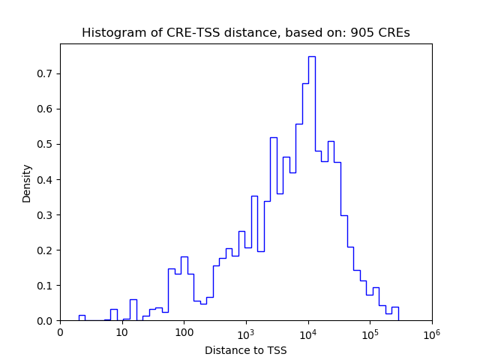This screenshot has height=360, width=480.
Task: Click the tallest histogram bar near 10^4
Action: [x=311, y=187]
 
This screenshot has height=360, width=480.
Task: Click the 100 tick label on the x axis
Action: [x=184, y=334]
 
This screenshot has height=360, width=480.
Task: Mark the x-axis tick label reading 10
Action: [x=122, y=334]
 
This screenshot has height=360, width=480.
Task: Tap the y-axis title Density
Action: [x=27, y=183]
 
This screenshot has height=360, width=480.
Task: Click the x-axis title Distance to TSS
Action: [x=246, y=349]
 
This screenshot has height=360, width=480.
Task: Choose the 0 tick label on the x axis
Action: [x=61, y=334]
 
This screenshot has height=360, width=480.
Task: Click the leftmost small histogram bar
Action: [x=82, y=318]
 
